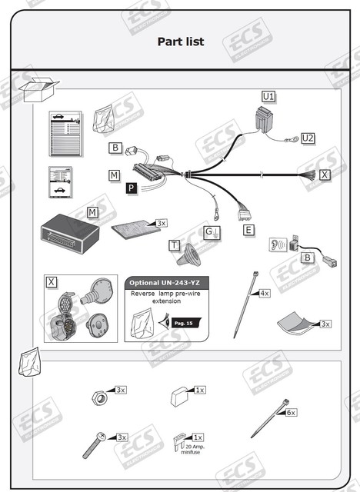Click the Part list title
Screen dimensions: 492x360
pos(181,42)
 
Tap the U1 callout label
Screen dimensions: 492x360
pos(268,96)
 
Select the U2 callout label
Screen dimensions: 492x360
pos(308,138)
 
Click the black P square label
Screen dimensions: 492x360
pos(132,188)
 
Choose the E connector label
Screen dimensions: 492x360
pos(248,229)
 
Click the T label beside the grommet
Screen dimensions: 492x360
pos(175,245)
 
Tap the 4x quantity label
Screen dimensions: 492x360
pos(264,293)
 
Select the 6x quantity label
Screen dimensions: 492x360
pos(291,412)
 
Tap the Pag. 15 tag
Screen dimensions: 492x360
pos(184,324)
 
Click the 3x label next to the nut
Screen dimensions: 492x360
pos(121,390)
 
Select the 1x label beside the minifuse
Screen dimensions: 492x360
pos(198,437)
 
